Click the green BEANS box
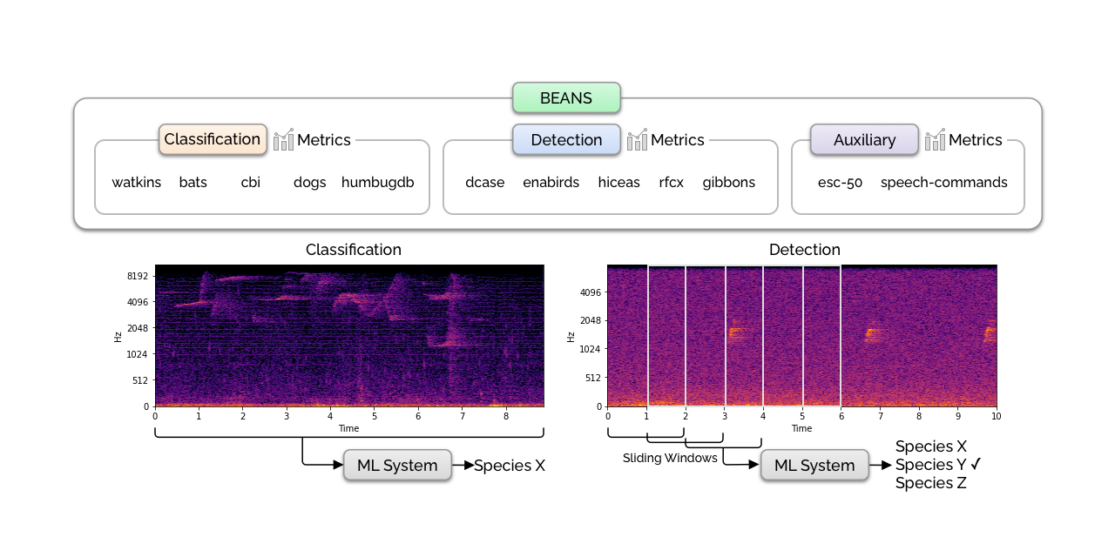(x=566, y=98)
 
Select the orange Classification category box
(x=213, y=139)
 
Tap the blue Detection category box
(x=566, y=139)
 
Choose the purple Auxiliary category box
(x=864, y=139)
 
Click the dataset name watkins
(x=137, y=183)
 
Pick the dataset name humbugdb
(x=377, y=183)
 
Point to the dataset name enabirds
(x=551, y=183)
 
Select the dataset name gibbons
(x=728, y=183)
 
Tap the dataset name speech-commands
(x=943, y=183)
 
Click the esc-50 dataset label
(x=840, y=183)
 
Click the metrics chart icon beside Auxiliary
(x=935, y=139)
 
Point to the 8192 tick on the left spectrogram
(x=138, y=277)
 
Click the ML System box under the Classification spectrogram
(x=397, y=466)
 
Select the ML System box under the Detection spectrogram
(x=814, y=466)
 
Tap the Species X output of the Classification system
(x=510, y=466)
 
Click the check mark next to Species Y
(x=976, y=464)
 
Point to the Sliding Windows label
(x=670, y=458)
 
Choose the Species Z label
(x=930, y=483)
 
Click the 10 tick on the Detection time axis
(x=997, y=416)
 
